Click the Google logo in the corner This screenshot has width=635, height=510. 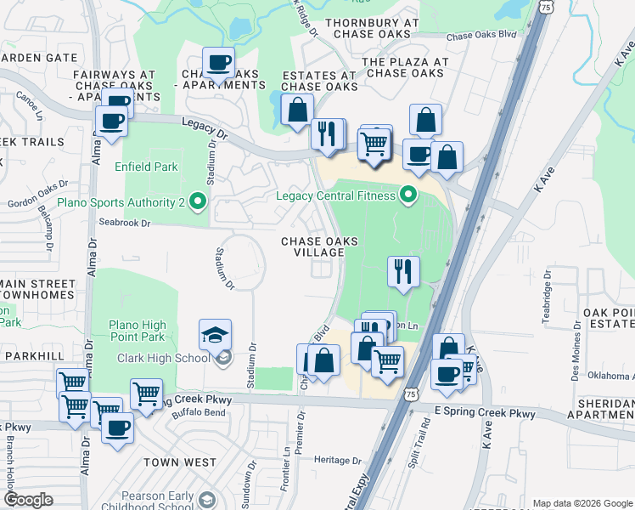[28, 500]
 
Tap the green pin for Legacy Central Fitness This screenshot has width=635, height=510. [408, 196]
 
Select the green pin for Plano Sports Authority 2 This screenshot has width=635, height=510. [198, 202]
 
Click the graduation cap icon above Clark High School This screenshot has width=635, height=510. [216, 335]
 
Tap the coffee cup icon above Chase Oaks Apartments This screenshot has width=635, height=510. [219, 63]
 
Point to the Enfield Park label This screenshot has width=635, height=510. [147, 167]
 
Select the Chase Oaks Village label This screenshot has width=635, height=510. [319, 247]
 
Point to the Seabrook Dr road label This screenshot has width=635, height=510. [124, 223]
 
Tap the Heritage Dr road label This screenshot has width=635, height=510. [338, 460]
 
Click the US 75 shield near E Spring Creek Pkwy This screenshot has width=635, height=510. [411, 394]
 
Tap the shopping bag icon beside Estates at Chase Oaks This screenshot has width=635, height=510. [297, 110]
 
